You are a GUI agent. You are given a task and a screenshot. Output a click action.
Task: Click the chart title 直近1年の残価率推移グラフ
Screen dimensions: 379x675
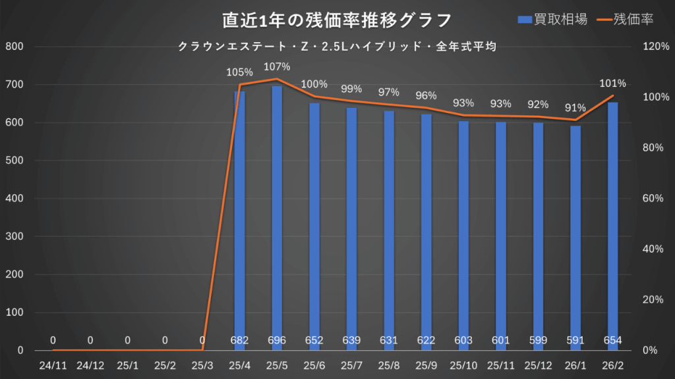[337, 20]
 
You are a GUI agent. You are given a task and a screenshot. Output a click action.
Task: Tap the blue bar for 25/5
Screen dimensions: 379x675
[277, 217]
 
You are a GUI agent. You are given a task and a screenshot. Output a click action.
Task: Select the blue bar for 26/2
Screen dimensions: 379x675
[613, 224]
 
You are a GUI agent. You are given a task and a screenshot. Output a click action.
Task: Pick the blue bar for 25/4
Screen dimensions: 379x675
[239, 220]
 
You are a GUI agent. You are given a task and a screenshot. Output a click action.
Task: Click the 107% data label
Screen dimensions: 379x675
[277, 66]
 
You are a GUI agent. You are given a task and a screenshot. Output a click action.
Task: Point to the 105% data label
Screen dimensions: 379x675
[239, 72]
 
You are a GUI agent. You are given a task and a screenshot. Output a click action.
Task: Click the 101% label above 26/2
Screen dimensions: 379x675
[613, 84]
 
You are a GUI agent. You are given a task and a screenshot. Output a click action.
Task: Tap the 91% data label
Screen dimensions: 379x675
[575, 108]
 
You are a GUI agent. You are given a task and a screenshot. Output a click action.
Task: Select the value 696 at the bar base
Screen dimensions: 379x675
[277, 341]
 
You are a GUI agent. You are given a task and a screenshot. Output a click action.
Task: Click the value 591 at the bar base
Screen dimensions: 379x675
[575, 341]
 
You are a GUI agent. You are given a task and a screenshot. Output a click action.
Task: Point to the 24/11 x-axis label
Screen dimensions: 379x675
[53, 364]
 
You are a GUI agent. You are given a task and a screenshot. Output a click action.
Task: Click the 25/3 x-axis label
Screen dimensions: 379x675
[202, 364]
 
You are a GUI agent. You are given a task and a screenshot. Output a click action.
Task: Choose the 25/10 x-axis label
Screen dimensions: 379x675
[463, 364]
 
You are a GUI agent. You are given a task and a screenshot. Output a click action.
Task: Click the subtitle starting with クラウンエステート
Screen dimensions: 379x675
[337, 47]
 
